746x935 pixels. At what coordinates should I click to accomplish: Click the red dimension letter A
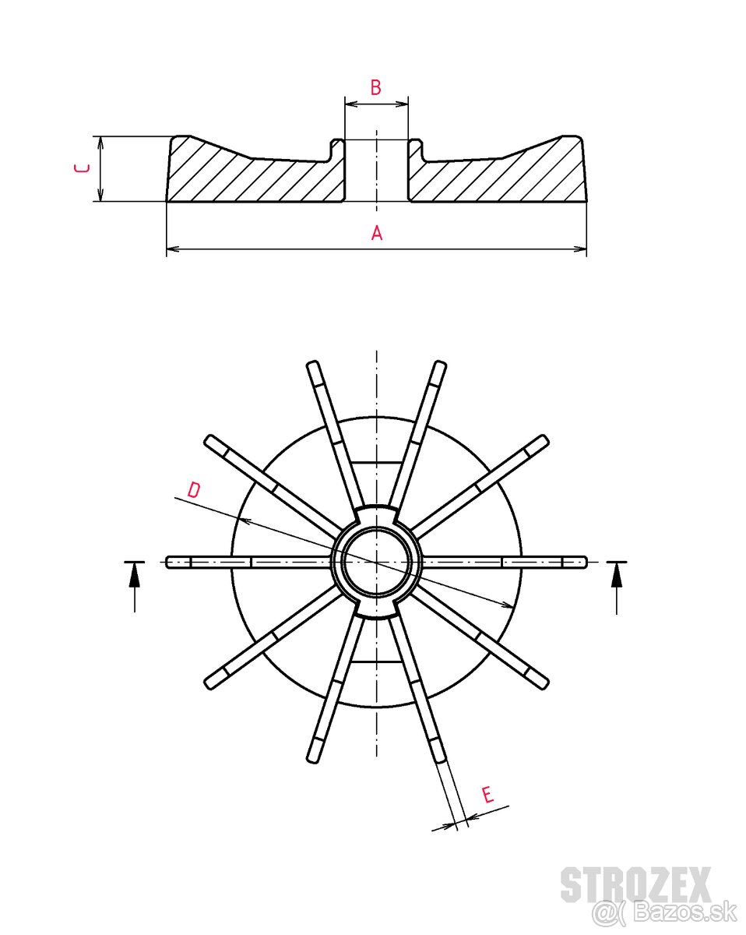point(377,233)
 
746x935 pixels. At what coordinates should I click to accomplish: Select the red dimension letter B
point(375,87)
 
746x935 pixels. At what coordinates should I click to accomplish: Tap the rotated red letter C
point(81,168)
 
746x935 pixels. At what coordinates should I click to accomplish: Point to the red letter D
point(194,490)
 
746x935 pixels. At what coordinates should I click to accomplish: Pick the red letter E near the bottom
point(487,796)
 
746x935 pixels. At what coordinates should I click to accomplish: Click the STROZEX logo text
point(635,885)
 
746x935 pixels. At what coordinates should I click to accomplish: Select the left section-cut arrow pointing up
point(135,577)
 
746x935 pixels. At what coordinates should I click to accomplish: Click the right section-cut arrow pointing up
point(617,577)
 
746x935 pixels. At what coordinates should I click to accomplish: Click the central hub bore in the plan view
point(377,562)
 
